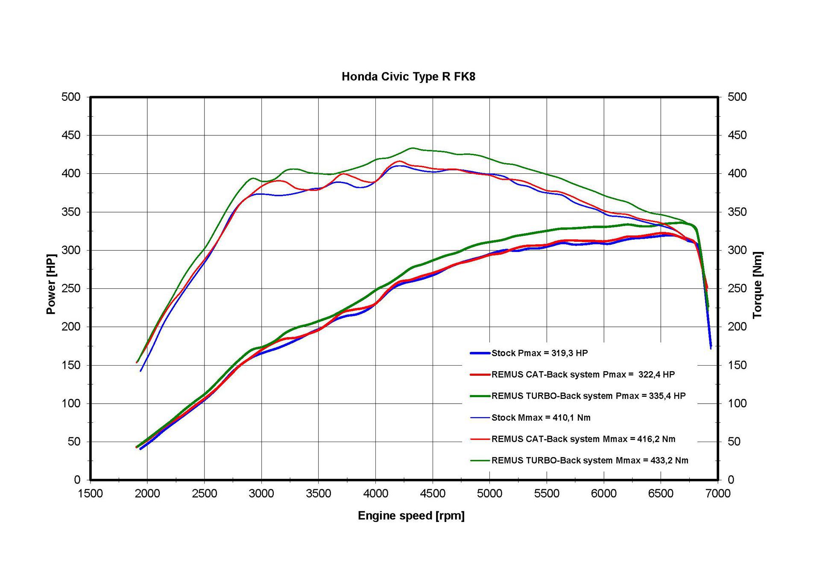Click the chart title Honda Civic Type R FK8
[x=408, y=77]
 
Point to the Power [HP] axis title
[x=51, y=284]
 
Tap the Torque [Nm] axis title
[x=758, y=284]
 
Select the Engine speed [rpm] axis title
[x=411, y=516]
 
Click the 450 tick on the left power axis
[x=71, y=135]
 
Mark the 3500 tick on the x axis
[x=318, y=494]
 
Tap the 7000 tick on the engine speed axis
[x=718, y=494]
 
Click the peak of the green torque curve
[x=412, y=148]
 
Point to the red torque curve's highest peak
[x=400, y=161]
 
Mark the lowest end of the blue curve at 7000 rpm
[x=711, y=348]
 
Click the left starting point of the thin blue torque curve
[x=141, y=371]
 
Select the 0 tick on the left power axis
[x=77, y=480]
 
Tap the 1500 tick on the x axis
[x=90, y=494]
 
